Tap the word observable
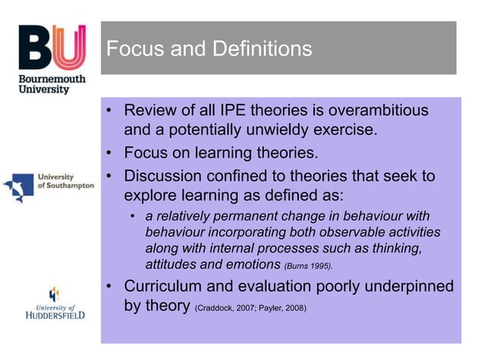tap(354, 233)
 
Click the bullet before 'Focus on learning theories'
tap(110, 154)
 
